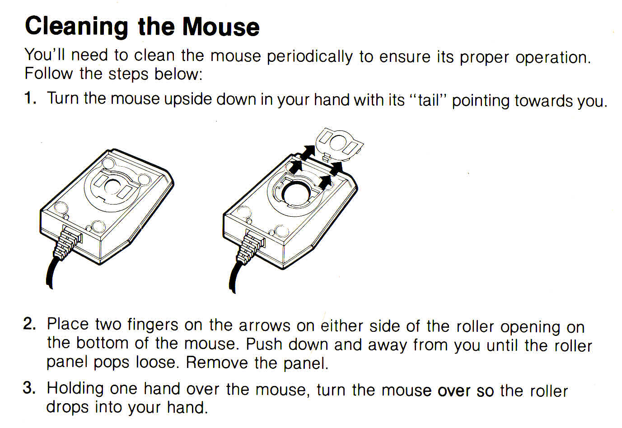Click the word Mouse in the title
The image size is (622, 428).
point(221,27)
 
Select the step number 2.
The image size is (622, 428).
point(30,324)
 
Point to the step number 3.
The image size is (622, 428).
point(30,387)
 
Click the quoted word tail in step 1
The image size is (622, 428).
point(429,100)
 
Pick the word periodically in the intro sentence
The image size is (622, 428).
point(309,57)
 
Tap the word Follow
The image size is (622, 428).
point(49,74)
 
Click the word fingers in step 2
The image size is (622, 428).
point(153,325)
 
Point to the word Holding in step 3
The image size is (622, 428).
point(75,389)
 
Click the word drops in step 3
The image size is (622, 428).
point(67,408)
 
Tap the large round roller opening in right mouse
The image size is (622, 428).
point(296,193)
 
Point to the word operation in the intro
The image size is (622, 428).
point(553,57)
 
